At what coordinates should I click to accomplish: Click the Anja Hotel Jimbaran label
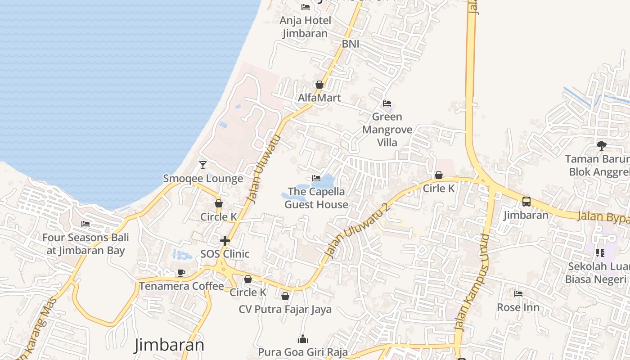coord(305,27)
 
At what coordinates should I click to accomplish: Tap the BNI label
coord(351,44)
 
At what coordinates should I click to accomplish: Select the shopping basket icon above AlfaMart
coord(319,85)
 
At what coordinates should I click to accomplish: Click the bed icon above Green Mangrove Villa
coord(387,103)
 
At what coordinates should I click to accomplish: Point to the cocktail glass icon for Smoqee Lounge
coord(203,165)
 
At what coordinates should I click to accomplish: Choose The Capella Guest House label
coord(316,198)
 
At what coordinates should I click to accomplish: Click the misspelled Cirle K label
coord(439,189)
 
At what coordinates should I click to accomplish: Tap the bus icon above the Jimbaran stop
coord(526,202)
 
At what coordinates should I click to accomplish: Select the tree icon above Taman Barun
coord(601,145)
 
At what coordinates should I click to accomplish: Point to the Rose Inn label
coord(518,308)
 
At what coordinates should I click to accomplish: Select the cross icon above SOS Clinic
coord(225,241)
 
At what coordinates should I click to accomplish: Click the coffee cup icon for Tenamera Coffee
coord(181,273)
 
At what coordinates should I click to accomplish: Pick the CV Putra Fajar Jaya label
coord(285,310)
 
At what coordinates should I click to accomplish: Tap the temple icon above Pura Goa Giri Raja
coord(303,339)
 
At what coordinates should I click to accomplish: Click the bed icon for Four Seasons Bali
coord(85,224)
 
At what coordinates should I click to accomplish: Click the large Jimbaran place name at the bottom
coord(169,345)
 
